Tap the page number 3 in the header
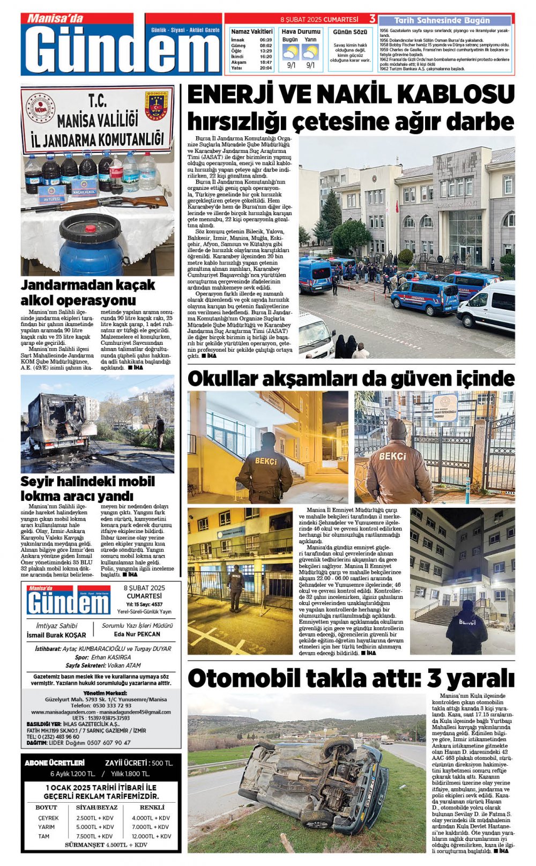tap(372, 19)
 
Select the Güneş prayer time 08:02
tap(265, 46)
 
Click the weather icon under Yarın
tap(310, 52)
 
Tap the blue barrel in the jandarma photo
tap(91, 245)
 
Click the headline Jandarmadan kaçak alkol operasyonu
tap(88, 292)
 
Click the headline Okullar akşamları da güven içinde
tap(351, 379)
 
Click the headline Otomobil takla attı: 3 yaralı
tap(351, 678)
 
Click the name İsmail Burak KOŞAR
tap(56, 635)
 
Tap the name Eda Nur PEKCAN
tap(137, 634)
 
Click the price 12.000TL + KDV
tap(152, 836)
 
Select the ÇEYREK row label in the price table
tap(48, 818)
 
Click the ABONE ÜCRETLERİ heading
tap(55, 763)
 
